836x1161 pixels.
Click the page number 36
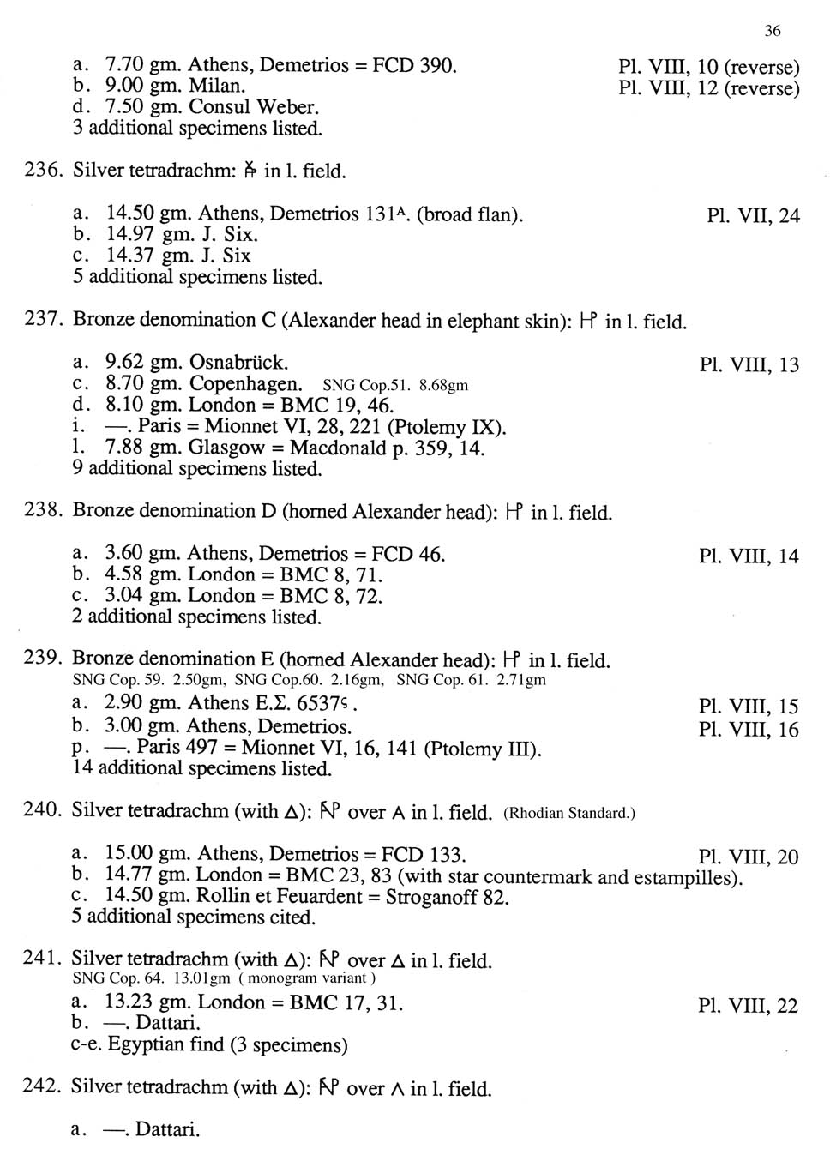772,31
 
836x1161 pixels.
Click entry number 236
42,171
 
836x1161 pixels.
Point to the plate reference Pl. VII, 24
753,215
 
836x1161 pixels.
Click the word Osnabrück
238,362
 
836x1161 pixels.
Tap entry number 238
42,511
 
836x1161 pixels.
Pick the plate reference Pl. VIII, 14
749,556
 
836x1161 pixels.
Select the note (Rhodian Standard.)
569,813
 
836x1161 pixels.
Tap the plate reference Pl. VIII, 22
748,1006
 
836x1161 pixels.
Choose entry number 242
42,1086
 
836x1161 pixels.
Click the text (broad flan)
469,214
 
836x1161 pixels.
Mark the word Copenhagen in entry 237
245,384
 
